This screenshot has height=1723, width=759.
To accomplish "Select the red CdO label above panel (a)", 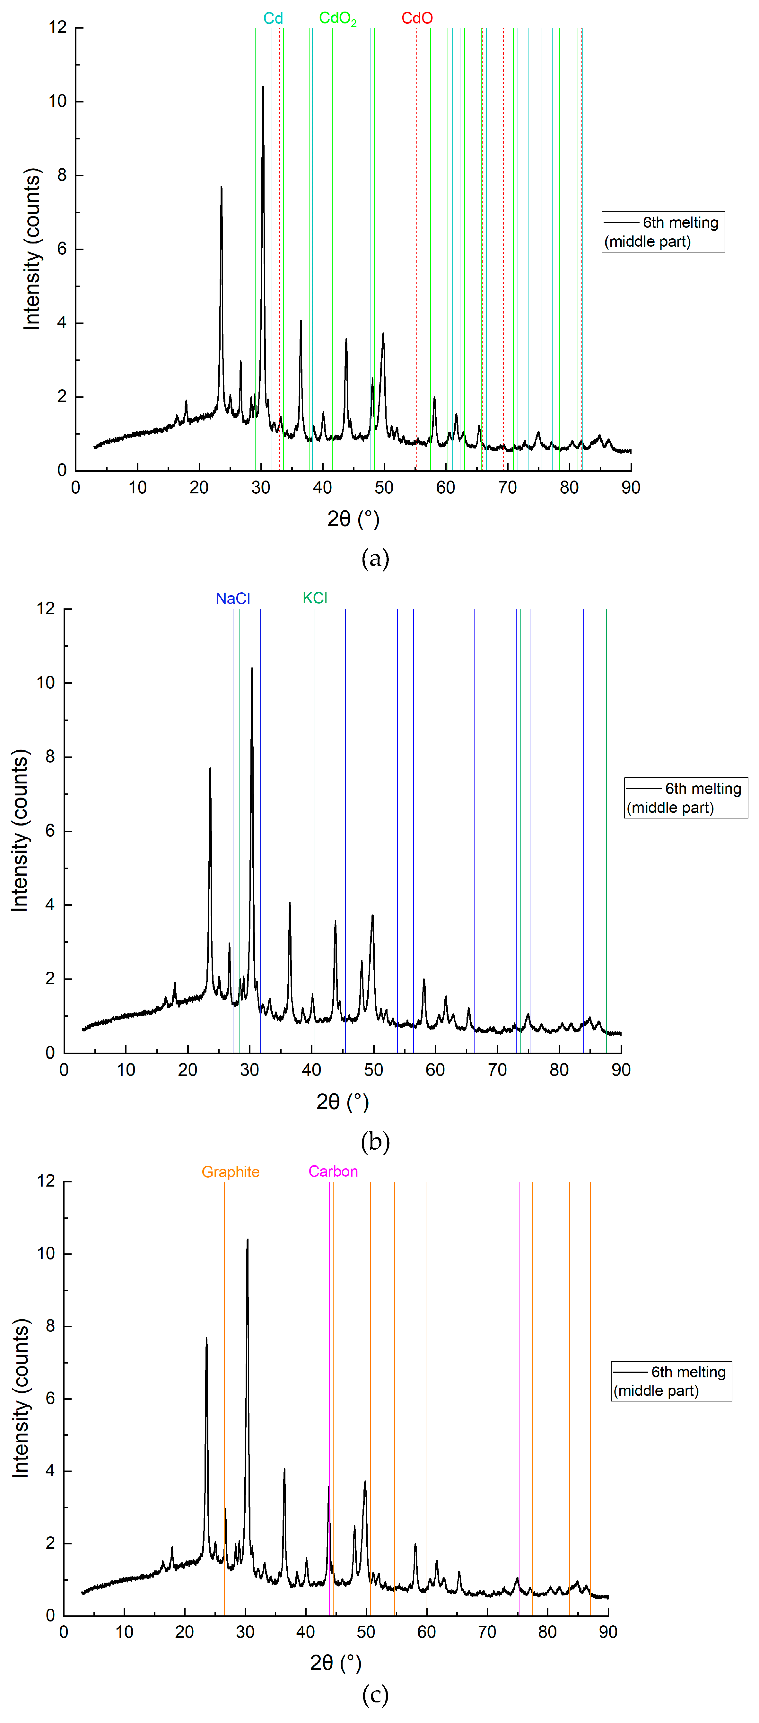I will click(417, 18).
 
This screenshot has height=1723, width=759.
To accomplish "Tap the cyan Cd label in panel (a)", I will click(273, 18).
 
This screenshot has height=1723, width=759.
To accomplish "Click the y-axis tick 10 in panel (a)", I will click(57, 102).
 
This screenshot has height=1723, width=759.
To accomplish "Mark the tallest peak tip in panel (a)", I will click(263, 86).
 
